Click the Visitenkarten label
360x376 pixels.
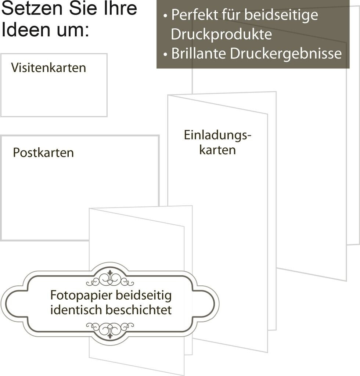click(x=48, y=68)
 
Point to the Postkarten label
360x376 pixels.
click(x=43, y=152)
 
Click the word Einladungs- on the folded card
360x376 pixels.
click(x=217, y=135)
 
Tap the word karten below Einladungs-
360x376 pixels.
click(x=217, y=150)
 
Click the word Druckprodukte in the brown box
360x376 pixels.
click(x=222, y=35)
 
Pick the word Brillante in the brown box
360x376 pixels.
click(x=199, y=54)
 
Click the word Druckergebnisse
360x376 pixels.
click(x=286, y=54)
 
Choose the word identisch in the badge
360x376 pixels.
click(x=76, y=310)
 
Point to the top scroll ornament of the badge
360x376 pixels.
click(x=109, y=279)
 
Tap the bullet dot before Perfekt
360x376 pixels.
click(x=166, y=16)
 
